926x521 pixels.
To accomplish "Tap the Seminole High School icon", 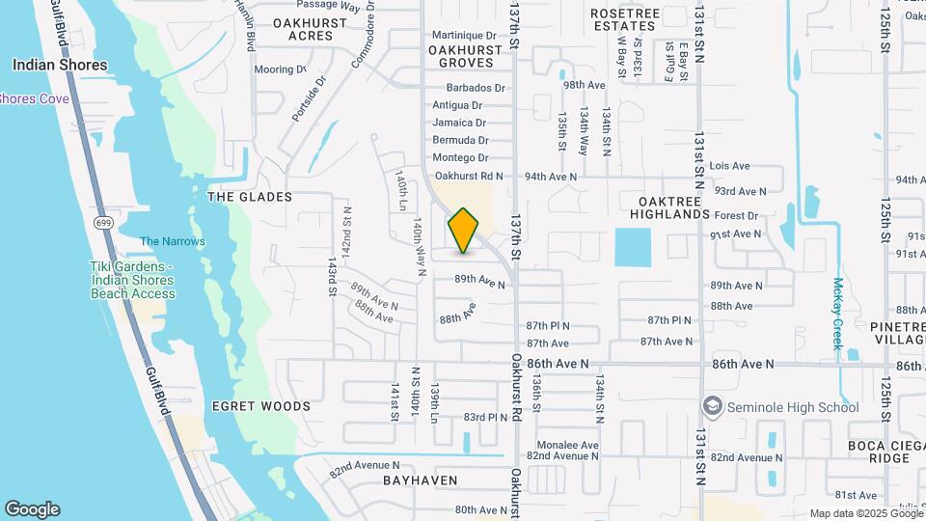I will click(713, 406).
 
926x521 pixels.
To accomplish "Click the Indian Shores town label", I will click(60, 66).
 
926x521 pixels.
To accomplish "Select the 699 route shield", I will click(102, 223).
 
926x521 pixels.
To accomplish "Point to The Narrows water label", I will click(172, 241).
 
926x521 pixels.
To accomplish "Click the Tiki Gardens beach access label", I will click(132, 280).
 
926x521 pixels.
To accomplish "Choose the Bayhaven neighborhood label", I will click(420, 480).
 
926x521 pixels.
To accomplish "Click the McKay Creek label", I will click(838, 314).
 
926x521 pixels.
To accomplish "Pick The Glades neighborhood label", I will click(250, 197).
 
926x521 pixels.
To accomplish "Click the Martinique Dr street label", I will click(464, 35).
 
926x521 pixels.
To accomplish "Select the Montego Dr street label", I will click(460, 157).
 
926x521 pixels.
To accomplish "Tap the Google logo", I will click(32, 509).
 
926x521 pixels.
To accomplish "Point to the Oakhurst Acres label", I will click(303, 28).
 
